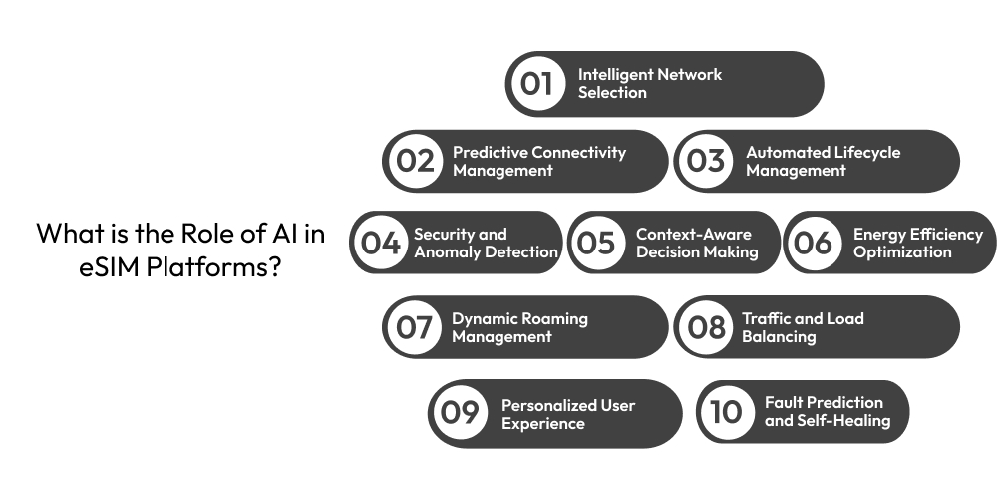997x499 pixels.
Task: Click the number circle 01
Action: (x=537, y=84)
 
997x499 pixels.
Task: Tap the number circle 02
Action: (x=415, y=161)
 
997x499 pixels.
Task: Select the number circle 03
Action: (x=706, y=161)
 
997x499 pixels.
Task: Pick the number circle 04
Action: (x=381, y=243)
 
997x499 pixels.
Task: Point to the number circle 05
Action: (x=596, y=243)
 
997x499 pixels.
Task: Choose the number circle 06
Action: (x=814, y=243)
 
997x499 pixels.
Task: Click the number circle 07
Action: (x=415, y=327)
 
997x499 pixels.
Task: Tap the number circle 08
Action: (x=707, y=327)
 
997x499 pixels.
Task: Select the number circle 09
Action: (x=461, y=413)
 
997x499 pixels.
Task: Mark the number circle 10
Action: (x=727, y=411)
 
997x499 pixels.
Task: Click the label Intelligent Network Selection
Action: (x=649, y=84)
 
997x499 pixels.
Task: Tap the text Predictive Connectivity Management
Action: (x=539, y=161)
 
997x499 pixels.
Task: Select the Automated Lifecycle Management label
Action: (x=823, y=161)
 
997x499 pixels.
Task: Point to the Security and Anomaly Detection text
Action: (x=486, y=243)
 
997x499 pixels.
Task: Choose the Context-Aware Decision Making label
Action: (x=697, y=243)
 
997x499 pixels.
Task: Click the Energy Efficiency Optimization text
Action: (x=917, y=243)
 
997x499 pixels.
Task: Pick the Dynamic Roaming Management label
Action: (x=519, y=327)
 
